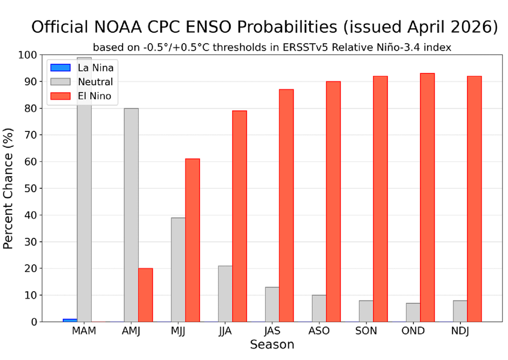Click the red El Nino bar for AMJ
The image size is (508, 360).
coord(145,295)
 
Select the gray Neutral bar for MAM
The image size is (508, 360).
coord(84,198)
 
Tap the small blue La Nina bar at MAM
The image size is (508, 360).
coord(70,320)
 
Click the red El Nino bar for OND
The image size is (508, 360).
coord(427,198)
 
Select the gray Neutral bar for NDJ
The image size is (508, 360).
coord(460,311)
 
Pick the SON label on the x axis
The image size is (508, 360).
coord(367,331)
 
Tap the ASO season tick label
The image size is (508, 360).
coord(319,331)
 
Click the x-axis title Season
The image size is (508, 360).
coord(272,345)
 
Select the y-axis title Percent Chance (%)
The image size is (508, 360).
coord(9,188)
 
